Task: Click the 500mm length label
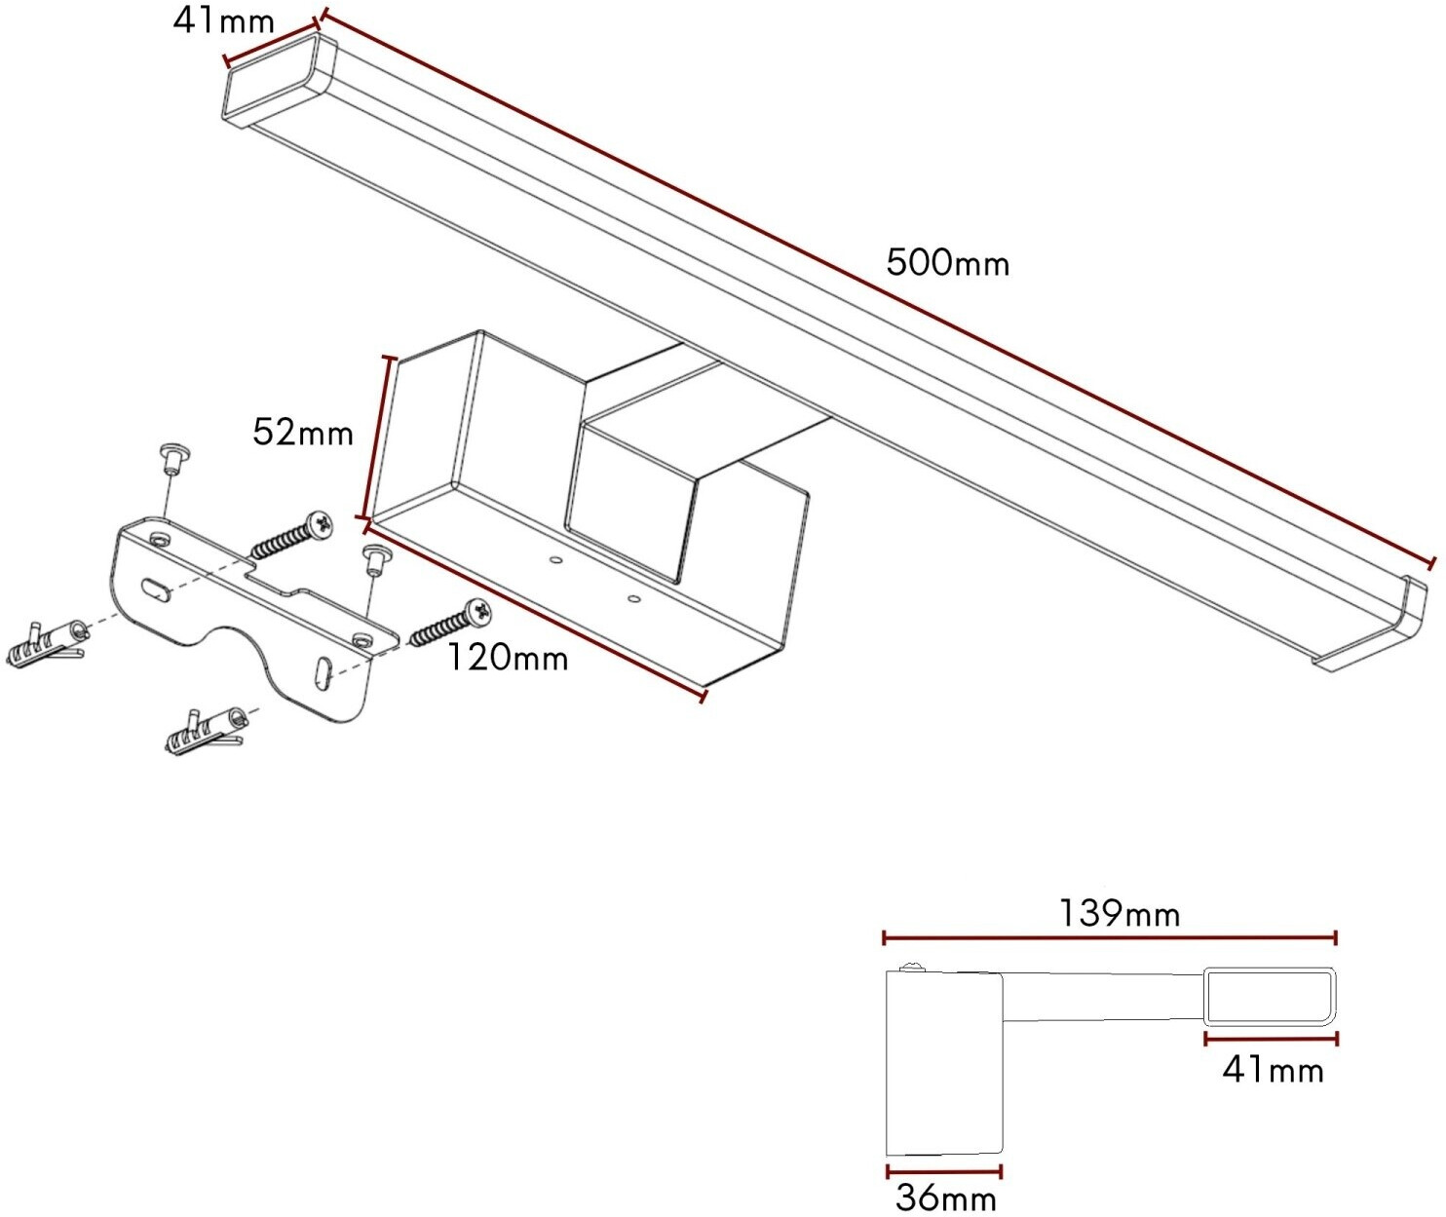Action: click(947, 263)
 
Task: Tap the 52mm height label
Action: click(302, 432)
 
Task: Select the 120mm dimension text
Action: click(507, 659)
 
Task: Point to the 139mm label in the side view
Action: click(1120, 914)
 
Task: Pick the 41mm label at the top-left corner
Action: click(223, 21)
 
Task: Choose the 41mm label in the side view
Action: click(1273, 1071)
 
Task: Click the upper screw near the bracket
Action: click(292, 535)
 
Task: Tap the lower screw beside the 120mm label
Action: click(449, 623)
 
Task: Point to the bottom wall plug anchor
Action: click(204, 732)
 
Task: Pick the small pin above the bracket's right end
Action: click(375, 559)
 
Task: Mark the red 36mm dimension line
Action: click(944, 1171)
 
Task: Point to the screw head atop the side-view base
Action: click(913, 967)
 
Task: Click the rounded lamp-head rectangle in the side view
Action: click(1270, 996)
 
